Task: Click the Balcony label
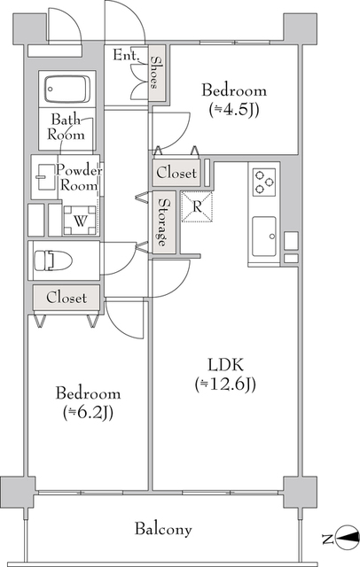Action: (163, 529)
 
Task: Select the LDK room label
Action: (225, 364)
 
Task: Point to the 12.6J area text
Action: (225, 384)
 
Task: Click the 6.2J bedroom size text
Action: (88, 412)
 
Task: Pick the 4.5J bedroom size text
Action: (234, 110)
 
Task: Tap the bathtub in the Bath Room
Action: (67, 89)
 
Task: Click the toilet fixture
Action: (53, 260)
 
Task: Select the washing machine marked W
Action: (80, 221)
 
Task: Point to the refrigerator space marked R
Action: (197, 206)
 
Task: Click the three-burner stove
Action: (264, 183)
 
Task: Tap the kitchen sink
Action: (264, 237)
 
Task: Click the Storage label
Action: (164, 222)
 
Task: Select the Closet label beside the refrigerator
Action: (176, 173)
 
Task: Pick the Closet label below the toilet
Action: (67, 298)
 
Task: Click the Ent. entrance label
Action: (126, 55)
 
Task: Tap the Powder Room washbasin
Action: (44, 177)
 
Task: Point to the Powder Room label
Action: (79, 177)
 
